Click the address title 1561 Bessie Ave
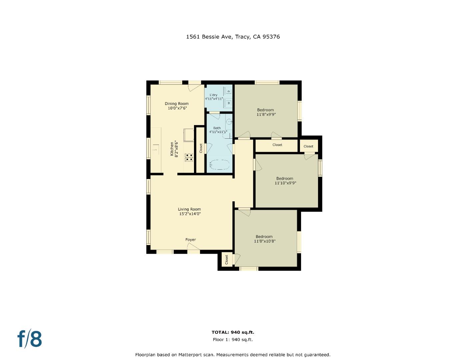click(233, 37)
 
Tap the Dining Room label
click(177, 104)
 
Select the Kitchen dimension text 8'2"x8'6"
click(177, 150)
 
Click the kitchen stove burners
click(189, 157)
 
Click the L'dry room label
click(214, 95)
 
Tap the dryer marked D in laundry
click(228, 90)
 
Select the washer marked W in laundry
click(228, 103)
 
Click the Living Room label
click(189, 209)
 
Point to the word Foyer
click(191, 240)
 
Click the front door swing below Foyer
click(193, 247)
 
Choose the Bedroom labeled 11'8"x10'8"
click(264, 239)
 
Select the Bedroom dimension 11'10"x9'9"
click(285, 183)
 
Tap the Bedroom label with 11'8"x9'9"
click(266, 112)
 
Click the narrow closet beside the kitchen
click(200, 149)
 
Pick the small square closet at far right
click(308, 146)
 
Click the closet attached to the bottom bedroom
click(226, 259)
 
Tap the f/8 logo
click(30, 339)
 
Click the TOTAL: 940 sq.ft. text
click(233, 332)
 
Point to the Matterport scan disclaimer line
click(233, 355)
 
